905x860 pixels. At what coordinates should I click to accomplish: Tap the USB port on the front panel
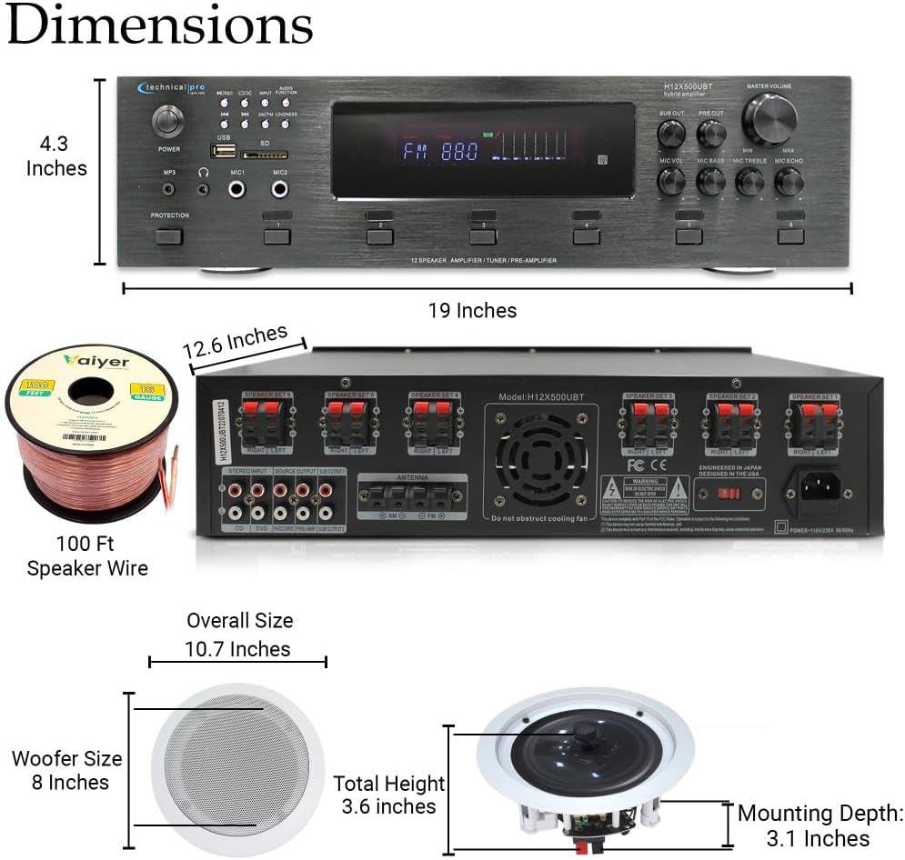(x=224, y=152)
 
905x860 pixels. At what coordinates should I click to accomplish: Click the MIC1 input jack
(x=238, y=189)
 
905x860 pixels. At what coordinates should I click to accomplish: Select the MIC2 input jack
(x=279, y=189)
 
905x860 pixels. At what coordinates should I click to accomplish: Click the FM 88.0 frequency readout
(x=440, y=152)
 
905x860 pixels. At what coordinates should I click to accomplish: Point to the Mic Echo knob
(x=788, y=182)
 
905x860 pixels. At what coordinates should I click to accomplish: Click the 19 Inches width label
(x=472, y=311)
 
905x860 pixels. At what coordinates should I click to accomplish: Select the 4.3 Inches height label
(x=56, y=156)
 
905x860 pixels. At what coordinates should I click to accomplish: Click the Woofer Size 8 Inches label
(x=67, y=770)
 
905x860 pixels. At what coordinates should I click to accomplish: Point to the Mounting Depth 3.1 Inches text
(x=820, y=825)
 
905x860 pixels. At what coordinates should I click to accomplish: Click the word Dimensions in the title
(x=159, y=25)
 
